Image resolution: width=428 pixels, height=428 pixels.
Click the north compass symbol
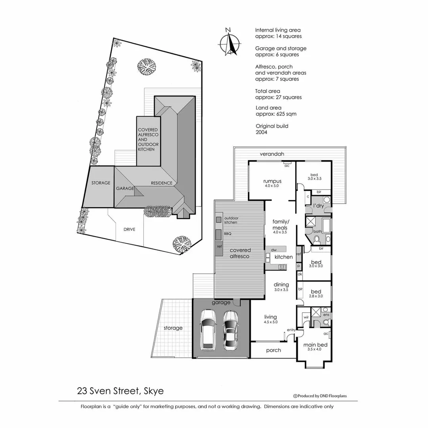coord(229,42)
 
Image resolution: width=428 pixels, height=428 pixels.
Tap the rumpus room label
coord(272,182)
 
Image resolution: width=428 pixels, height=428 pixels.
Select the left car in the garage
coord(208,330)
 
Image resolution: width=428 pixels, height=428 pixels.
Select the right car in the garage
coord(230,330)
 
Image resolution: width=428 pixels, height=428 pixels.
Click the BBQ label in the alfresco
coord(228,234)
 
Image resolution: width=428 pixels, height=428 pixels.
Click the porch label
coord(273,350)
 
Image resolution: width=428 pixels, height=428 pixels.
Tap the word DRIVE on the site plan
coord(129,229)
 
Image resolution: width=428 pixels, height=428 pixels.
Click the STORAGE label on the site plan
coord(101,183)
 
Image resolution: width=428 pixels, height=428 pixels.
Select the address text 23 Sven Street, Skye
coord(120,391)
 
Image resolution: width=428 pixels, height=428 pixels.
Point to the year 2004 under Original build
coord(262,132)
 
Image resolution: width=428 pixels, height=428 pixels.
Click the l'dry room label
coord(318,206)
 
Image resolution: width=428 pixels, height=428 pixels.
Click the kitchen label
coord(284,257)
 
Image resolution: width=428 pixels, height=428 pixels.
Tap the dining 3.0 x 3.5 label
coord(281,287)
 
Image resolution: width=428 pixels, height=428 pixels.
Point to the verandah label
coord(272,154)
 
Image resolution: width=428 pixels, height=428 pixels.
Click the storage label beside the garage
coord(173,328)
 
